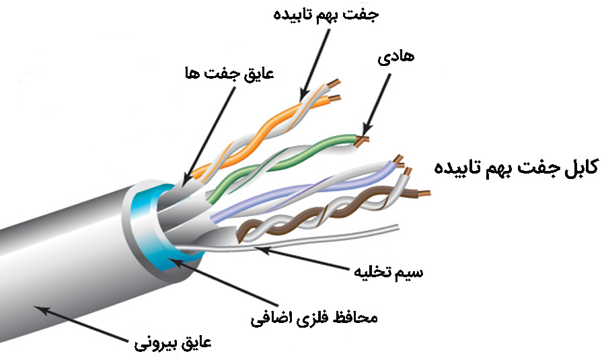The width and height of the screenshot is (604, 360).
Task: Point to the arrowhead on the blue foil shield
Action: tap(173, 262)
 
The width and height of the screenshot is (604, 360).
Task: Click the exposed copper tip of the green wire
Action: tap(363, 139)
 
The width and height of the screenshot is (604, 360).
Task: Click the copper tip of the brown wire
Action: tap(423, 194)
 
